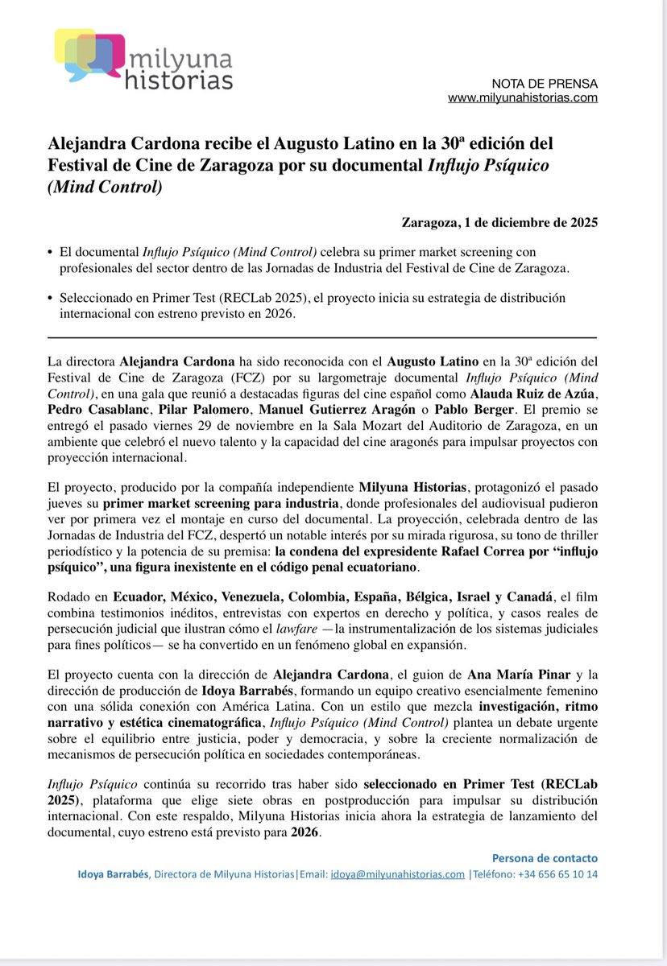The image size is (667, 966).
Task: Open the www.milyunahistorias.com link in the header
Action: click(522, 98)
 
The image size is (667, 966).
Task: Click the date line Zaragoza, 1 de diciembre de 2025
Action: click(499, 222)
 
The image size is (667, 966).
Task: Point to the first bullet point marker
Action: click(51, 253)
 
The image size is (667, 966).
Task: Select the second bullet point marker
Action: click(51, 298)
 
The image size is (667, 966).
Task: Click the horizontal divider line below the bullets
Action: click(322, 336)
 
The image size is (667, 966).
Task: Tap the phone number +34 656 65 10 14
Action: click(557, 874)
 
